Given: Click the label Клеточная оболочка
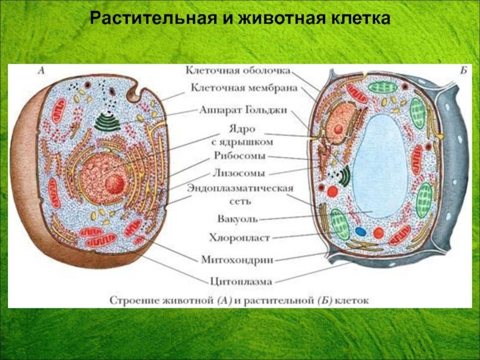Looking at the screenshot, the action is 238,71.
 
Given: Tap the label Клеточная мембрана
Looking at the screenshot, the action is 244,88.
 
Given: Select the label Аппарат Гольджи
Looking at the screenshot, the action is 244,110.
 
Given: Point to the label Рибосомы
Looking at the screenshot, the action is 239,155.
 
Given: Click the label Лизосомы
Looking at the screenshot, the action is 238,173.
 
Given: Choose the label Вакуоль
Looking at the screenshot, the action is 238,219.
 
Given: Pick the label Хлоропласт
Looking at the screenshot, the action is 239,238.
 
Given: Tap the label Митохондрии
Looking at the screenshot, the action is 237,260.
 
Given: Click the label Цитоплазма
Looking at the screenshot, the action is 241,281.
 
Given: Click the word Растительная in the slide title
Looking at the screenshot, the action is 152,19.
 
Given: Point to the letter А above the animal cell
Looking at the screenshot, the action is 41,71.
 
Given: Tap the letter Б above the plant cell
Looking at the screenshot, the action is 464,71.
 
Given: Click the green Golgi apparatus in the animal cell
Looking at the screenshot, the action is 107,121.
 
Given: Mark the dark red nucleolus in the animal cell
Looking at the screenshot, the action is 115,185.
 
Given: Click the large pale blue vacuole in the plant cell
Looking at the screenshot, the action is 380,167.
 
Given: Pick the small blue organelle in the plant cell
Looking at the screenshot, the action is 361,232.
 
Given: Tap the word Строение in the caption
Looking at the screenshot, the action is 133,301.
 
